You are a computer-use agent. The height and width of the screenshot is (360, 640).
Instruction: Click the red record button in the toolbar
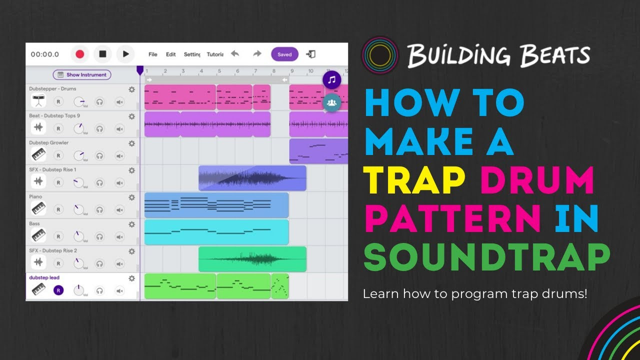[79, 54]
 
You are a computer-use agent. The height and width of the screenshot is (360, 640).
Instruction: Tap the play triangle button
[125, 54]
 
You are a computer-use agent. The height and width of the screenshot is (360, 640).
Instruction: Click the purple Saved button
[284, 54]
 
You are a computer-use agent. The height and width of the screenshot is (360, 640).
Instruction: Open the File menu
[153, 54]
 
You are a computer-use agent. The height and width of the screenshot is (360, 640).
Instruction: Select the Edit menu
[171, 54]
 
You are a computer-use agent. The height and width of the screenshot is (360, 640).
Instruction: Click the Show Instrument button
[82, 75]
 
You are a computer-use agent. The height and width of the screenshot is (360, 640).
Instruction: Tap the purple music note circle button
[331, 79]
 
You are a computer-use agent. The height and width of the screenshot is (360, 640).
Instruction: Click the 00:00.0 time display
[45, 54]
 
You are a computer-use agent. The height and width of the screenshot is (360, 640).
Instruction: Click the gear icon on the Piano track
[131, 197]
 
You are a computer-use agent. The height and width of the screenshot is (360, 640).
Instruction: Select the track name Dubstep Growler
[49, 143]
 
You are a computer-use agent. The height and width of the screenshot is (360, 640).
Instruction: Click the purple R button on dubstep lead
[58, 290]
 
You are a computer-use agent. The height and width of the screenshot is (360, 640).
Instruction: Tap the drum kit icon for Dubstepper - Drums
[38, 101]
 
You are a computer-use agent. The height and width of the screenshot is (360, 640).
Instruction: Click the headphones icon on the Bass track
[99, 236]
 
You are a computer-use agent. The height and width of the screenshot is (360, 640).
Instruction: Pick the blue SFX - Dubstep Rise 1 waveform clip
[252, 178]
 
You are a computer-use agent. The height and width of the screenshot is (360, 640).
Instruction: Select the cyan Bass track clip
[216, 232]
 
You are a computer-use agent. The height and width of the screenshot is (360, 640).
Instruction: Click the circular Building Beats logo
[380, 55]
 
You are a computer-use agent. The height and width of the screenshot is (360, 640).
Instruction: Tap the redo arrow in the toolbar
[257, 54]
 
